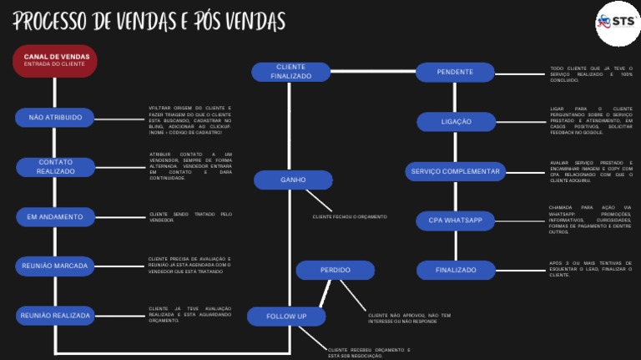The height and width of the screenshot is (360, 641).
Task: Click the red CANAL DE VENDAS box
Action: point(55,60)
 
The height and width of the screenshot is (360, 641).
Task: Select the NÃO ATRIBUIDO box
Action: point(55,118)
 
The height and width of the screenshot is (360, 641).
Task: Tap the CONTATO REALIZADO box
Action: point(55,167)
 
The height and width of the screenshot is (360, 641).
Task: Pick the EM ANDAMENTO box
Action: point(55,217)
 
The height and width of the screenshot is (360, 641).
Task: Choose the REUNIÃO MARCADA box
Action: point(55,266)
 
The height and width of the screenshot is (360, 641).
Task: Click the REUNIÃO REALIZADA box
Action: point(55,316)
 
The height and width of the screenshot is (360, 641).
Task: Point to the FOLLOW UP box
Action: point(286,317)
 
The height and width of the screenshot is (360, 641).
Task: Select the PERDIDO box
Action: point(335,271)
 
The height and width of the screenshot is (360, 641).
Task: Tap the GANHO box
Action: point(293,180)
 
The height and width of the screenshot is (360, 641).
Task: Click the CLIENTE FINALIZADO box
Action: point(290,72)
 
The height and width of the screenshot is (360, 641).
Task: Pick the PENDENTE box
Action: point(455,73)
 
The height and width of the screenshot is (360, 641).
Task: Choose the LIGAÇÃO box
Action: point(456,122)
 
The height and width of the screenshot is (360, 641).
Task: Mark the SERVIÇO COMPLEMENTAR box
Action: point(456,172)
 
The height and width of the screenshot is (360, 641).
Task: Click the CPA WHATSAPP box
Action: point(456,221)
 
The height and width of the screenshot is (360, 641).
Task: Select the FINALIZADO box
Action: point(456,270)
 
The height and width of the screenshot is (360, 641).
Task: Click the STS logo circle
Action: point(616,22)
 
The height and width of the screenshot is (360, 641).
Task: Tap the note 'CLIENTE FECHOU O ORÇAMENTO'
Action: point(350,217)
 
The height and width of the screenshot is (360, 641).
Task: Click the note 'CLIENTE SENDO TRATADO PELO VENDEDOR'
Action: point(190,217)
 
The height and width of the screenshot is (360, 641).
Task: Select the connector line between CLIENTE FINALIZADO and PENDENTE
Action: point(373,73)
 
